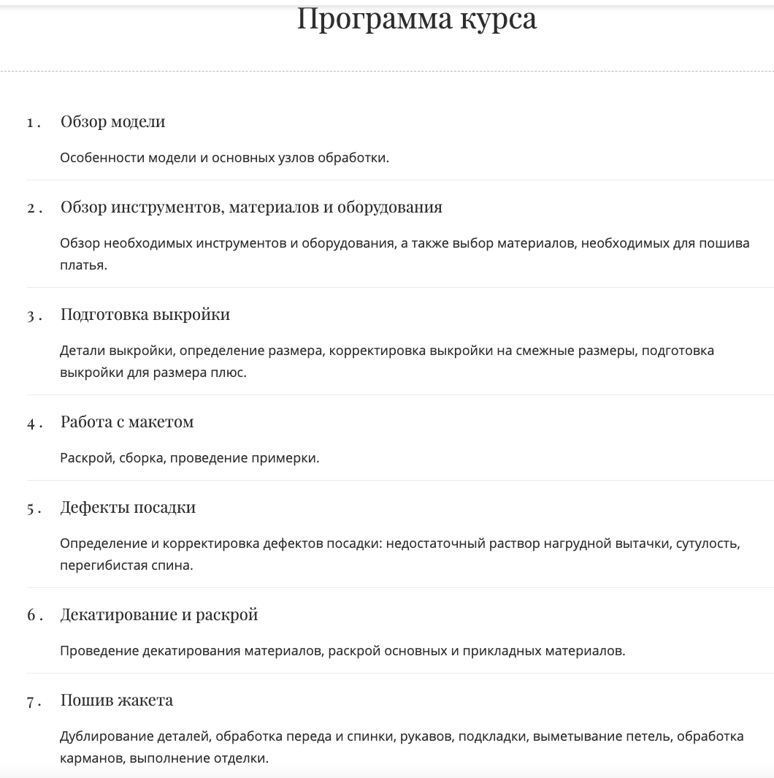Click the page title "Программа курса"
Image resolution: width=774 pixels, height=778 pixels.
(x=417, y=19)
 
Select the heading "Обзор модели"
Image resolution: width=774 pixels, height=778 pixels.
(x=112, y=121)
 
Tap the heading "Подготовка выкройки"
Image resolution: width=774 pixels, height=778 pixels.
(x=145, y=314)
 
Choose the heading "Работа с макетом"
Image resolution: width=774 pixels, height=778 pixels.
(x=126, y=422)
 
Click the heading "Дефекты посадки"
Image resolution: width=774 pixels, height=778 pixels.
(x=128, y=507)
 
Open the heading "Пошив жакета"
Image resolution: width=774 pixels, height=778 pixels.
(x=116, y=700)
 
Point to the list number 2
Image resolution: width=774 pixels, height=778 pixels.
(x=31, y=207)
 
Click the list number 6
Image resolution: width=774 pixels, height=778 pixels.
(x=31, y=615)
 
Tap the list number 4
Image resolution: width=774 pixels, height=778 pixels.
(x=31, y=423)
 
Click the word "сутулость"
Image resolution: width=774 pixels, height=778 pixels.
(x=708, y=544)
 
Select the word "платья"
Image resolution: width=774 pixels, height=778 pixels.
(x=83, y=264)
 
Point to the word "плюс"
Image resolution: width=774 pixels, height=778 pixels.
(x=227, y=372)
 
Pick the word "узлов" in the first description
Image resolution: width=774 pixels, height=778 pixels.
(x=296, y=157)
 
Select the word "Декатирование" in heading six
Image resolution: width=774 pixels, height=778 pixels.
(x=117, y=614)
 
